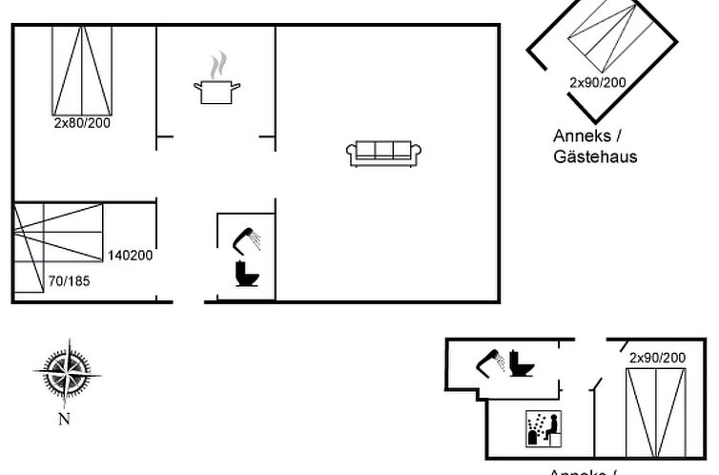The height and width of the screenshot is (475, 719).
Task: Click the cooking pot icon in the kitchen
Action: pos(216,92)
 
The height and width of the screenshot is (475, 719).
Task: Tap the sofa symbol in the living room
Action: pos(384,153)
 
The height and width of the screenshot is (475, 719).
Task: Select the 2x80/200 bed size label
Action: pos(82,123)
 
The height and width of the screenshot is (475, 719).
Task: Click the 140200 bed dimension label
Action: pos(130,255)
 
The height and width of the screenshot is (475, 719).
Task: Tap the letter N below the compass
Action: pos(64,418)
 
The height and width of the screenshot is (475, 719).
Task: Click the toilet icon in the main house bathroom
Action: pos(247,273)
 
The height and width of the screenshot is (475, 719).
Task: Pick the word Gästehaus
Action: pos(595,156)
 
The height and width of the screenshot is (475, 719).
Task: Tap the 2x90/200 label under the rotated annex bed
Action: pos(598,83)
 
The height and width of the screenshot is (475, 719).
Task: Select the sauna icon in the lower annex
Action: pos(542,428)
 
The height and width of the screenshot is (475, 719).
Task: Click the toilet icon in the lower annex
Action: pos(522,362)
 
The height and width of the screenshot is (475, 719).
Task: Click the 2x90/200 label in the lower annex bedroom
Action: pos(657,358)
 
